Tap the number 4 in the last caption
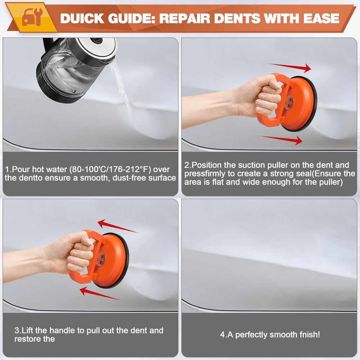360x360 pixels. coord(222,334)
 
